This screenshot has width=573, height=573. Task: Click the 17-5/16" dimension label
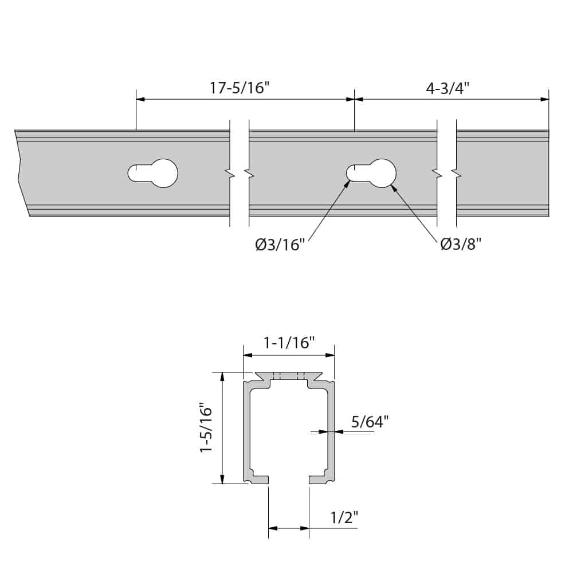click(240, 88)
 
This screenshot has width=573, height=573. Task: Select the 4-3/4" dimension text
click(448, 88)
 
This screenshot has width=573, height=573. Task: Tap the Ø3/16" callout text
click(280, 245)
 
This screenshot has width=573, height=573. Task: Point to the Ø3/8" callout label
click(460, 245)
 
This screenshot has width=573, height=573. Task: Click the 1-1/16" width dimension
click(289, 343)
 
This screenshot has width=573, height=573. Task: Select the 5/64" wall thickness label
click(370, 422)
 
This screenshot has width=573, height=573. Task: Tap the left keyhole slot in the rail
click(153, 173)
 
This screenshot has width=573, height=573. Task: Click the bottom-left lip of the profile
click(257, 479)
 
